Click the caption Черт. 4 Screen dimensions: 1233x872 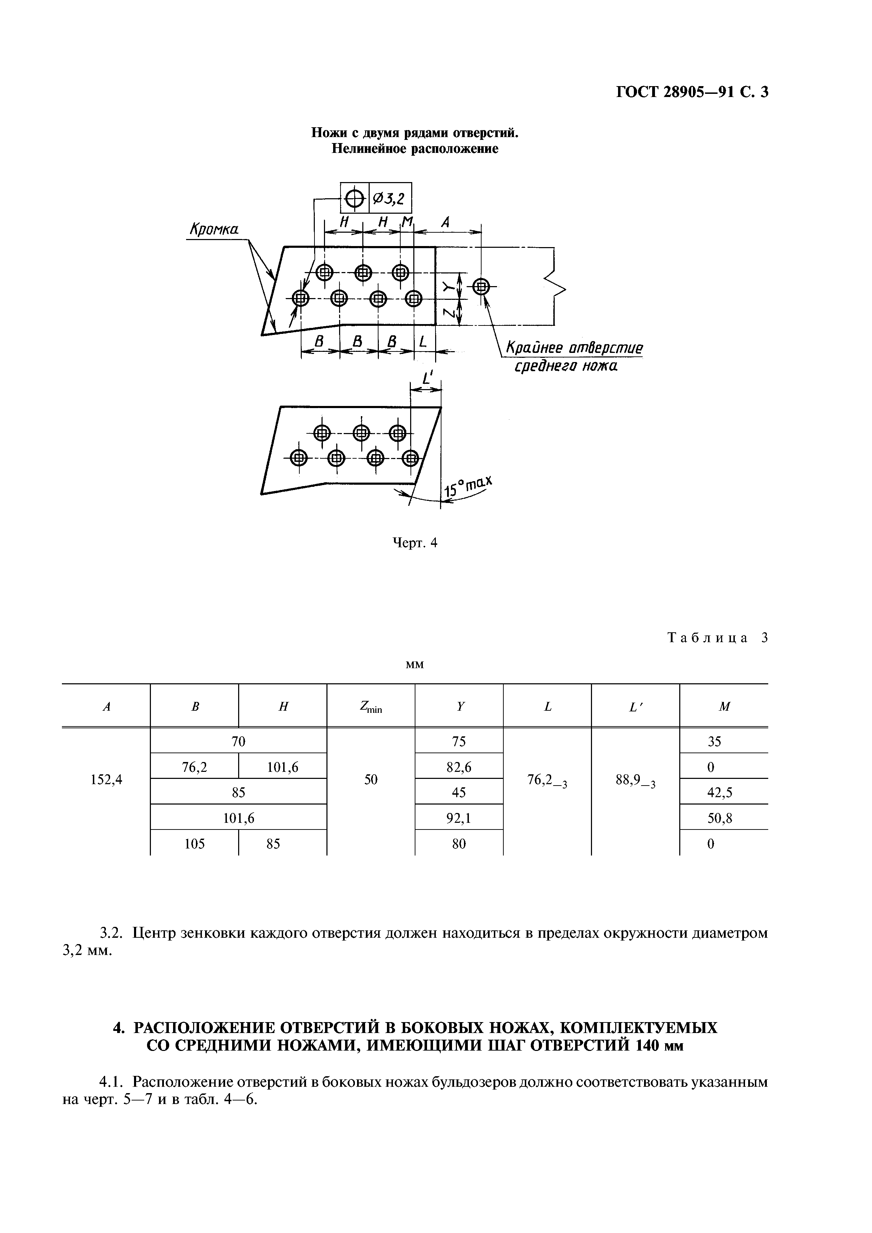[416, 543]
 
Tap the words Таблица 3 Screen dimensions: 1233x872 [718, 638]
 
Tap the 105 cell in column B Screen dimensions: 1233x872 [195, 844]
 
